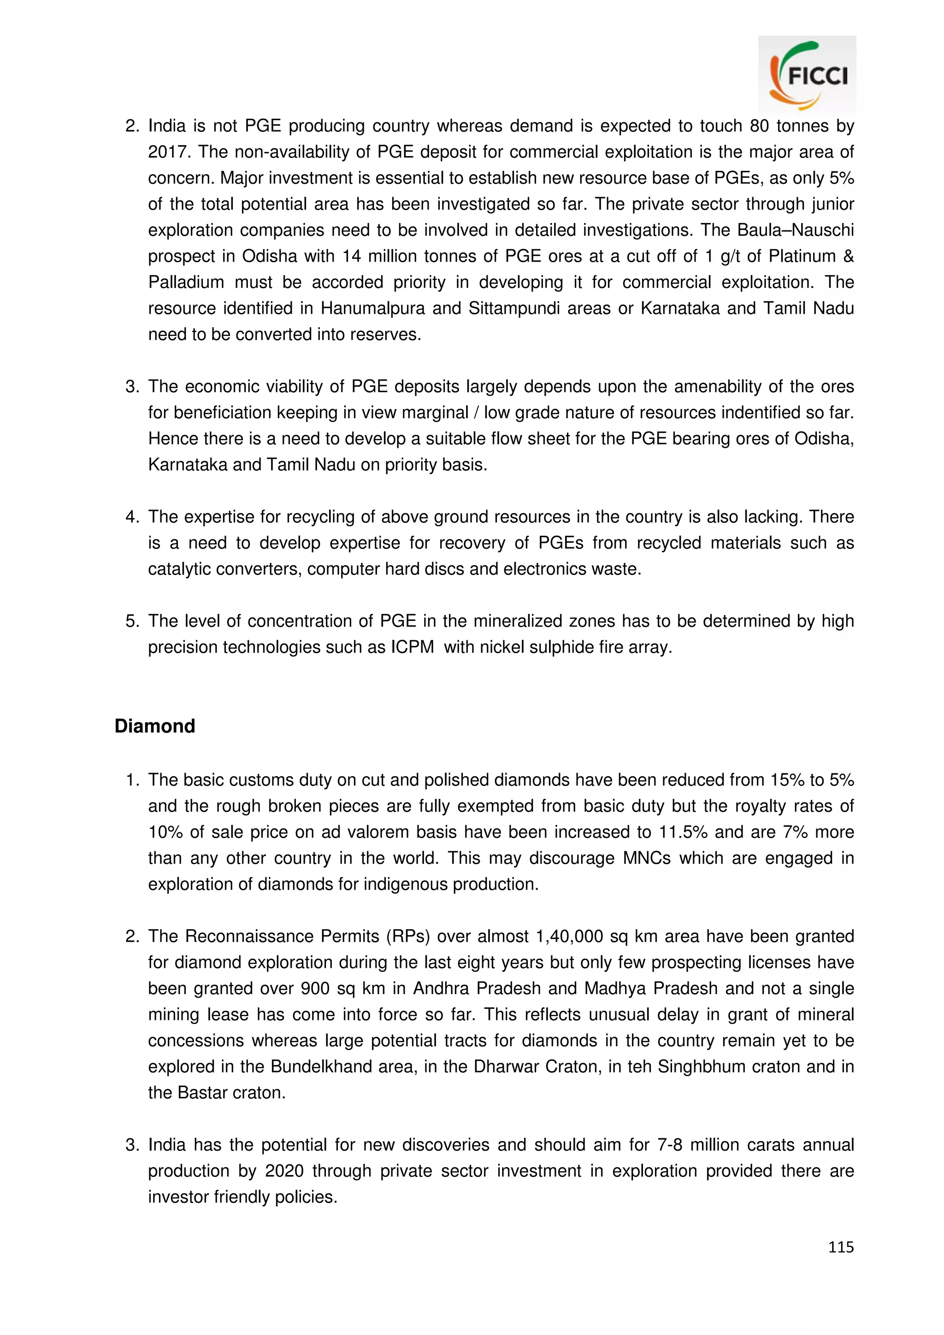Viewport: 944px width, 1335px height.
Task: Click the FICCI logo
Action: tap(807, 75)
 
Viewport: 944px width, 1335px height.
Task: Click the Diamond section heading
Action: tap(155, 726)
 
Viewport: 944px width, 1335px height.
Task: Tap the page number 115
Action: tap(840, 1247)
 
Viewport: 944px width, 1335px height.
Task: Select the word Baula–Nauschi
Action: tap(795, 230)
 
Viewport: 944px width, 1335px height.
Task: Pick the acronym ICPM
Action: tap(412, 647)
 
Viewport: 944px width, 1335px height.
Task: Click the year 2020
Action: tap(284, 1171)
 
